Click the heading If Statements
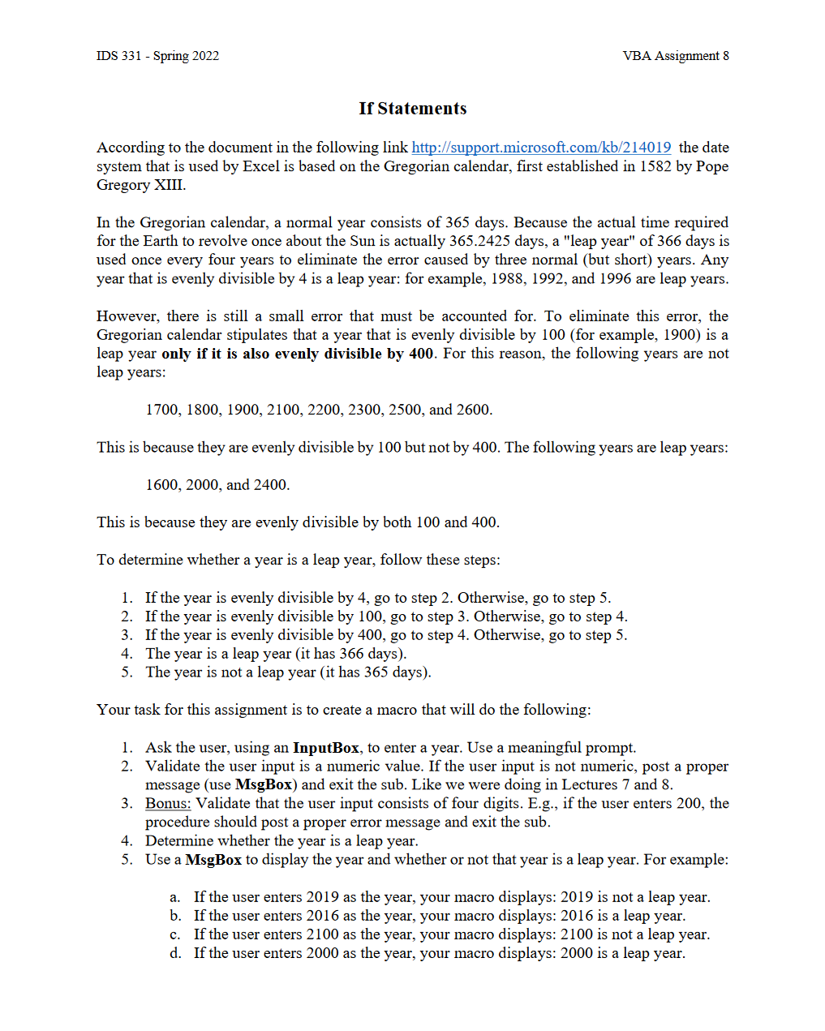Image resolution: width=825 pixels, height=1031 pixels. (412, 109)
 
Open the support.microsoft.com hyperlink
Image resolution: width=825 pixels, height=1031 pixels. (541, 148)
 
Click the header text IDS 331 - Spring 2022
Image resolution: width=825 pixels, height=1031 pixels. (157, 56)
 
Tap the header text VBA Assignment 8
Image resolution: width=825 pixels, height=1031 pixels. (675, 56)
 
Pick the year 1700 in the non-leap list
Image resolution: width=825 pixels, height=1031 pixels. (161, 410)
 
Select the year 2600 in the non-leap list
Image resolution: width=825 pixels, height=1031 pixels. (473, 410)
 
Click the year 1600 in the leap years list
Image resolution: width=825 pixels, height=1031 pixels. (161, 485)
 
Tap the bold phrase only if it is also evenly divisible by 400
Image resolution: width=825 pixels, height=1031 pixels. (298, 354)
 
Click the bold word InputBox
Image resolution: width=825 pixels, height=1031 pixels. (325, 748)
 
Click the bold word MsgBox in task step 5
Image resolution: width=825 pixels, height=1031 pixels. (213, 860)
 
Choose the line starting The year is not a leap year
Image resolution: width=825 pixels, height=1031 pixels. (288, 672)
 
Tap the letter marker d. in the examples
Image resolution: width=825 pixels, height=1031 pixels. (175, 954)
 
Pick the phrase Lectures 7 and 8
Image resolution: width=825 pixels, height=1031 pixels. (616, 785)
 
